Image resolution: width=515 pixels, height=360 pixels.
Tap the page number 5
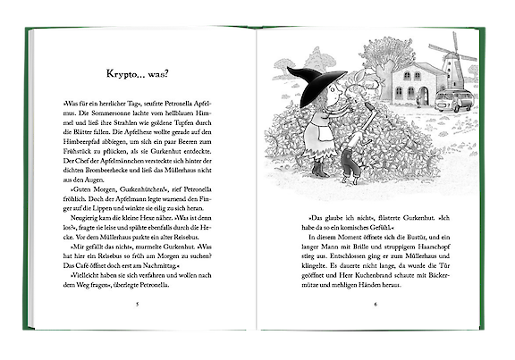point(137,304)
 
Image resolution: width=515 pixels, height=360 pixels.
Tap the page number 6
point(376,304)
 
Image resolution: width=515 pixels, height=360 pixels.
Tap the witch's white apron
point(318,134)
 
